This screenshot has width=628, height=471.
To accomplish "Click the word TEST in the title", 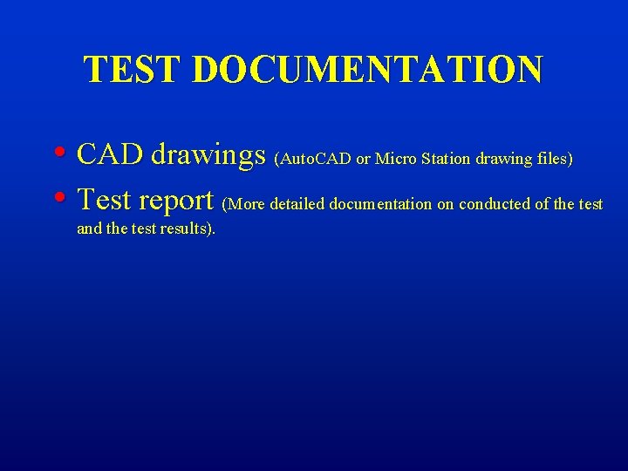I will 133,70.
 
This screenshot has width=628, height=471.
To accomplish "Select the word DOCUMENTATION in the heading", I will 366,70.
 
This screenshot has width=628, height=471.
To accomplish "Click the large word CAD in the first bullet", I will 110,154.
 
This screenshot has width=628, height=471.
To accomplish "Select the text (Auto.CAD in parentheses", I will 312,160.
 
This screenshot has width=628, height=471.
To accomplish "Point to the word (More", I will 244,205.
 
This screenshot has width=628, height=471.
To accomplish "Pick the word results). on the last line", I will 188,229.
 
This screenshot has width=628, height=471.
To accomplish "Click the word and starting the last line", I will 89,229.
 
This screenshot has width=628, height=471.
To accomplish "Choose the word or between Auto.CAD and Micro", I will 363,160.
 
